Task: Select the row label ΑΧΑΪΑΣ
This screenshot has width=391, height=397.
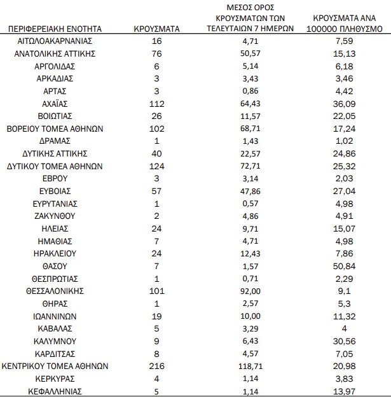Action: pyautogui.click(x=55, y=104)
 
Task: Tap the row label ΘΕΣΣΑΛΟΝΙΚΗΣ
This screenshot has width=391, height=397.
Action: pyautogui.click(x=55, y=291)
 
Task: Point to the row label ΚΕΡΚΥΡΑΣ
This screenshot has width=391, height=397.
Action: pyautogui.click(x=55, y=379)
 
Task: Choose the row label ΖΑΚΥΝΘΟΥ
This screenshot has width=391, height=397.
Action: pyautogui.click(x=55, y=216)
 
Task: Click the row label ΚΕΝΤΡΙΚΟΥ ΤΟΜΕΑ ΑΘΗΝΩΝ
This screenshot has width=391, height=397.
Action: pyautogui.click(x=55, y=366)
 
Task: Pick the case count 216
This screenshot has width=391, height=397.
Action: pyautogui.click(x=156, y=366)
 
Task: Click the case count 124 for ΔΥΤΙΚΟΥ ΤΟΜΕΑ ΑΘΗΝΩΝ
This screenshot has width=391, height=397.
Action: pyautogui.click(x=156, y=166)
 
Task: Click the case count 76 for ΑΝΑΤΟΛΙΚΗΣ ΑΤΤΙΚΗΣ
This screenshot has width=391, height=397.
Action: pyautogui.click(x=156, y=54)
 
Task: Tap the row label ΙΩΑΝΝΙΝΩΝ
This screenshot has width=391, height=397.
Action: pyautogui.click(x=55, y=316)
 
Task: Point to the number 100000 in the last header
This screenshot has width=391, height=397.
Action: pyautogui.click(x=329, y=29)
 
